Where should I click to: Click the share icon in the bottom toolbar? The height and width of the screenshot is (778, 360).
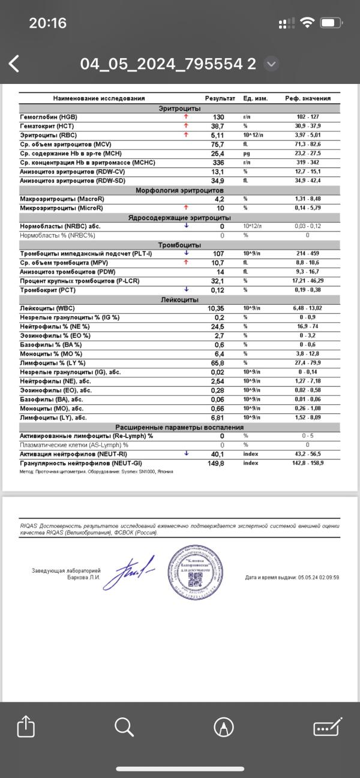(26, 727)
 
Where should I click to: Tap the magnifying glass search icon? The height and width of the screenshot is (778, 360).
(124, 727)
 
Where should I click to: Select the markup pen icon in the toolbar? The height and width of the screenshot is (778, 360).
(224, 727)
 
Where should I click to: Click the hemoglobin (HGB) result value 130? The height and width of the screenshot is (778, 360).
(218, 117)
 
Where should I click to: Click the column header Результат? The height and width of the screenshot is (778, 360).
(220, 98)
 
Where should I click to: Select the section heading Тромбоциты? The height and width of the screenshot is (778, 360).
(179, 245)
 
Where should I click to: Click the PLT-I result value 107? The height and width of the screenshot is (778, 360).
(218, 254)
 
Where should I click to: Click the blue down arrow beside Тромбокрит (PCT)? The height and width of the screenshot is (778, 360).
(187, 290)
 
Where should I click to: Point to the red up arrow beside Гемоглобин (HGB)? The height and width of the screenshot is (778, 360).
(187, 117)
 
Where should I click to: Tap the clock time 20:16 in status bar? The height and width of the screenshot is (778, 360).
(47, 23)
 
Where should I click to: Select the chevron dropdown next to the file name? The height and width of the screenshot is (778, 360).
(271, 64)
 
